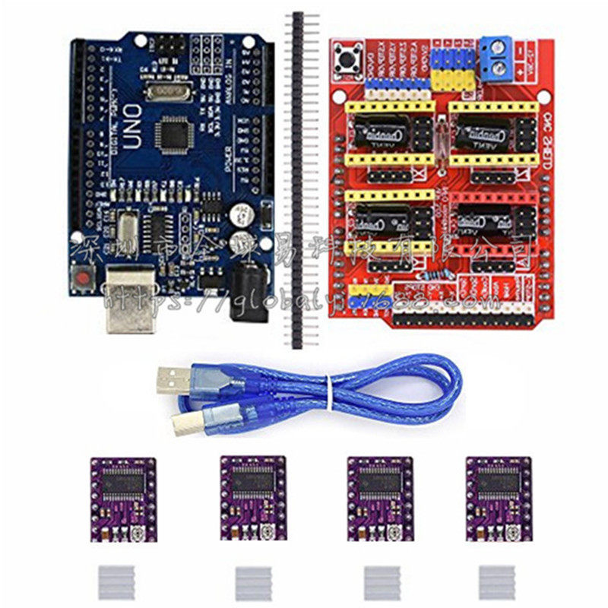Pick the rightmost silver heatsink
[496, 581]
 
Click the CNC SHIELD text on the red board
[547, 141]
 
